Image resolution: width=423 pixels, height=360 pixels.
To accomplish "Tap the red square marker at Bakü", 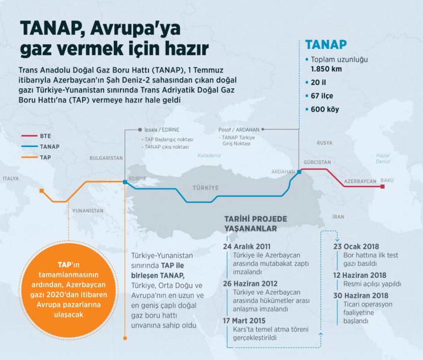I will click(382, 187).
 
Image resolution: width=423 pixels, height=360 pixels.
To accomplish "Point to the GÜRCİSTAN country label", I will click(315, 160).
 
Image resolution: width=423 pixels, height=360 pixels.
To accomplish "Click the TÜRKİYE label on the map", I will click(205, 188).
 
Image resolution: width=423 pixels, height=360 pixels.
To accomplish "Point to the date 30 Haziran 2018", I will click(361, 296).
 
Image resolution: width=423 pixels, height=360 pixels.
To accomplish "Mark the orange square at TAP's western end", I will click(42, 191).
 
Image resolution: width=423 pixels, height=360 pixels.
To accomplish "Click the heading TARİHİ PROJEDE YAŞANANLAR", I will click(256, 224).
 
